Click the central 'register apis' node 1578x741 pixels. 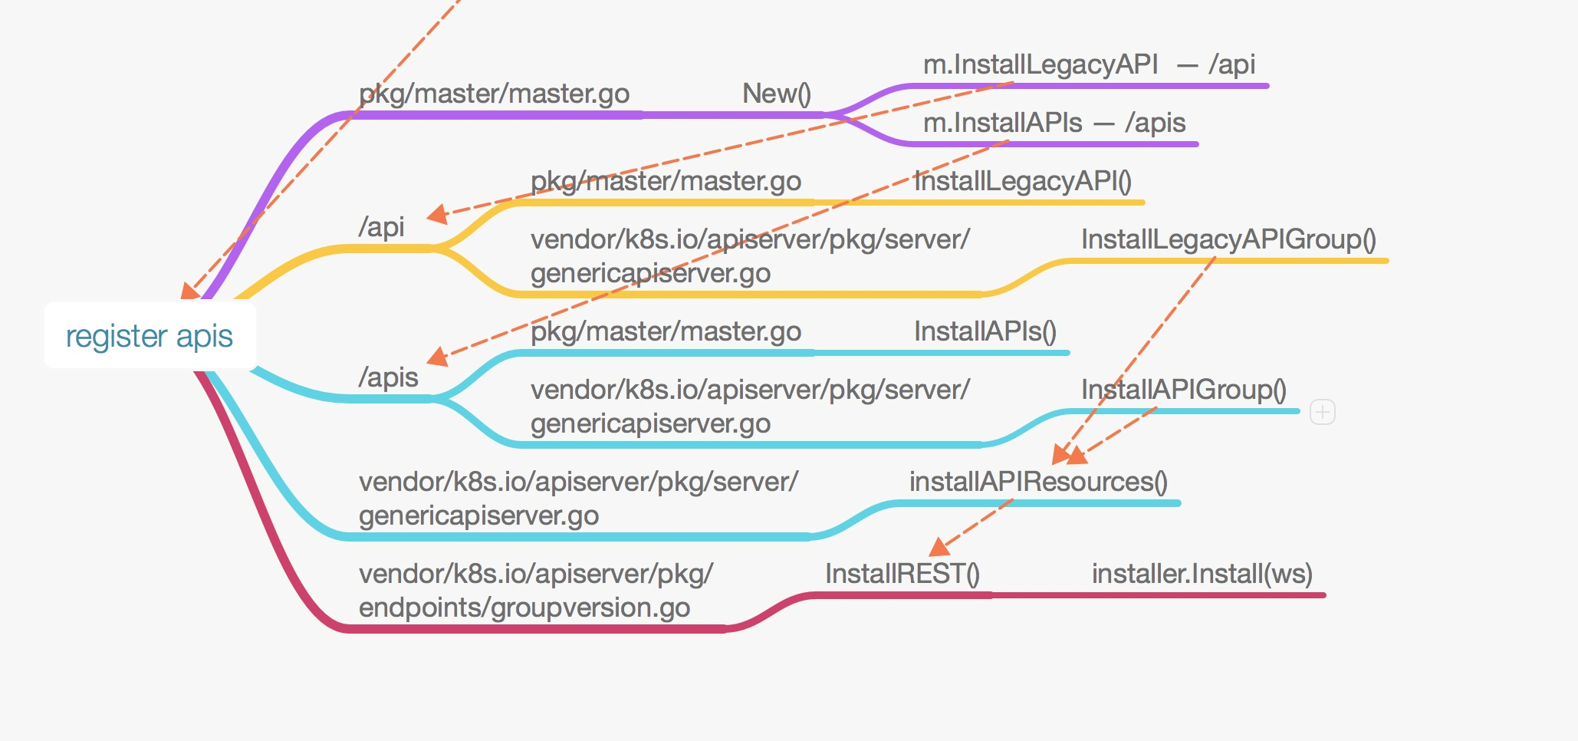tap(150, 336)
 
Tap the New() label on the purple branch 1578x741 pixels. tap(776, 94)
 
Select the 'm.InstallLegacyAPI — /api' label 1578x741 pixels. tap(1088, 64)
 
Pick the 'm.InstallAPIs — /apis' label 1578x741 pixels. tap(1054, 123)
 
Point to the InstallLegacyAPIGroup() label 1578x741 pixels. tap(1228, 239)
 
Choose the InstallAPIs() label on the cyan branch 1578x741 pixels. tap(985, 331)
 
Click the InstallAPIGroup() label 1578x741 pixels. tap(1183, 390)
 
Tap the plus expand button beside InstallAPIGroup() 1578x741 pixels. tap(1322, 412)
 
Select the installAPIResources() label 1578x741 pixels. tap(1037, 482)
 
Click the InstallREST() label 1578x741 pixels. tap(902, 574)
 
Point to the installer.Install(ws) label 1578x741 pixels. tap(1202, 574)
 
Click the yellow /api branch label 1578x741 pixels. tap(381, 227)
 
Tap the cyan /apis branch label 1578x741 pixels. tap(388, 377)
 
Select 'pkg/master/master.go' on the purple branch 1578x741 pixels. tap(494, 94)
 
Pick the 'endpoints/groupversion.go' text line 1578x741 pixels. tap(524, 608)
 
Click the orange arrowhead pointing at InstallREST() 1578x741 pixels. tap(939, 547)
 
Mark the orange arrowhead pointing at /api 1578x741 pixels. tap(437, 214)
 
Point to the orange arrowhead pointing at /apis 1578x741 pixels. tap(437, 357)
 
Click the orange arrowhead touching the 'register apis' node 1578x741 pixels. tap(189, 291)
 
